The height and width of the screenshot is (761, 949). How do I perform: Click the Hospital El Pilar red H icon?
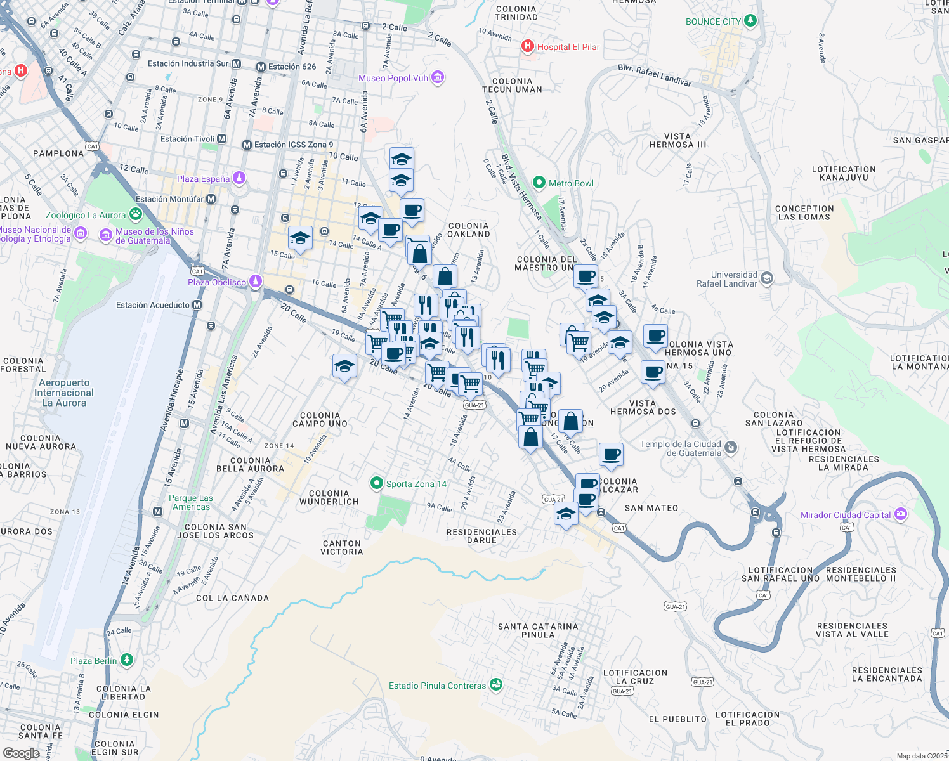(527, 46)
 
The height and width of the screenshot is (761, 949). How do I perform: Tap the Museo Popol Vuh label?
(393, 78)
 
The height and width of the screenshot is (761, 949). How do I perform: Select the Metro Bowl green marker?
(539, 183)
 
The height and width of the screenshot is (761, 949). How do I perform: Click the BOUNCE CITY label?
(713, 22)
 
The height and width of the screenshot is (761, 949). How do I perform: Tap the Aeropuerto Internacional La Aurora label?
(64, 393)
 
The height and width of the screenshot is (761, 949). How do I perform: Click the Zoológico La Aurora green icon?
(136, 214)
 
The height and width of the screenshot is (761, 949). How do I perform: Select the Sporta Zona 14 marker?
(377, 484)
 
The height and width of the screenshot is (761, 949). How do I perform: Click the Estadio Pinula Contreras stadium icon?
(496, 685)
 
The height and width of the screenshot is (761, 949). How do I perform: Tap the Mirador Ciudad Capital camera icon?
(900, 514)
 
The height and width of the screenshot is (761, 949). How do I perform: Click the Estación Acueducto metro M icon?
(197, 305)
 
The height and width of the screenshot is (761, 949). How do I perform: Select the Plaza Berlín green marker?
(127, 660)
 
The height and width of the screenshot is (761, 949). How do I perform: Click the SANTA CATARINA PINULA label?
(538, 630)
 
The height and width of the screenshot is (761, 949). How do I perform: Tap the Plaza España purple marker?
(239, 178)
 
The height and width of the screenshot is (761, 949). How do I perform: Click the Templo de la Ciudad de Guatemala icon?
(731, 448)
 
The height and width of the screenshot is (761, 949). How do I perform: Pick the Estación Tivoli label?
(187, 139)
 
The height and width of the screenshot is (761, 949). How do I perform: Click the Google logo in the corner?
(21, 753)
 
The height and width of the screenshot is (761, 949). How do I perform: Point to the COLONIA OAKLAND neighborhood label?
(469, 230)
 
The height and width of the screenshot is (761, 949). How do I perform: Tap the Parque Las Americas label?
(191, 502)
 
